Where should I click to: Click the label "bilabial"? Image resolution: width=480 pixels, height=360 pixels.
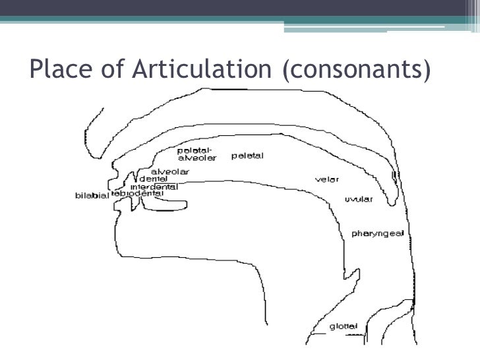click(x=92, y=196)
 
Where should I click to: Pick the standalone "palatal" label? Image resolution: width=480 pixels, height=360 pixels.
click(x=247, y=156)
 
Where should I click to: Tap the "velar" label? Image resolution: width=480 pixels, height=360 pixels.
click(x=327, y=179)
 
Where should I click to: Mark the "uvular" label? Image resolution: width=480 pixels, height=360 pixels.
click(x=359, y=199)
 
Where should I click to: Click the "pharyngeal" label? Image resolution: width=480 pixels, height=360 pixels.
click(x=373, y=233)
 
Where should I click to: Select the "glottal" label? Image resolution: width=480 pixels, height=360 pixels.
click(x=344, y=326)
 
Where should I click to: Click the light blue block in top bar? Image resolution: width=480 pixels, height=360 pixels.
click(x=382, y=26)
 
